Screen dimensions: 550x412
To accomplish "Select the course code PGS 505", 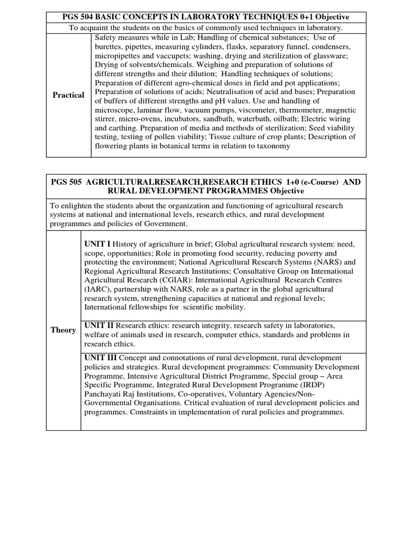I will coord(67,182).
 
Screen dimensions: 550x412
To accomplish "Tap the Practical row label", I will coord(68,95).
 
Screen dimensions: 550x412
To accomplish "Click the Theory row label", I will coord(63,330).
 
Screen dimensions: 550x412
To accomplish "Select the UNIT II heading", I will coord(99,325).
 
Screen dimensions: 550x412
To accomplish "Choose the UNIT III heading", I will coord(101,358).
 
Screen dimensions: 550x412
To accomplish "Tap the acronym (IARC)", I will coord(97,289).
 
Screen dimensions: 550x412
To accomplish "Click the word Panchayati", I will coord(104,394).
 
